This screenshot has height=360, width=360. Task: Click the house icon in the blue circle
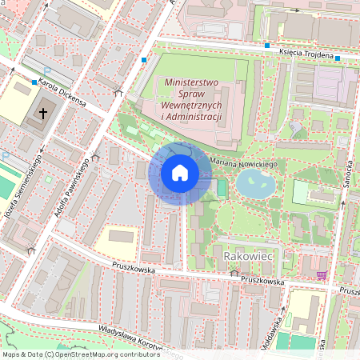pyautogui.click(x=180, y=173)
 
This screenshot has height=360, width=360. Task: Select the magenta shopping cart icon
pyautogui.click(x=322, y=275)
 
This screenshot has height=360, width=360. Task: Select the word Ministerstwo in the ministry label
pyautogui.click(x=192, y=82)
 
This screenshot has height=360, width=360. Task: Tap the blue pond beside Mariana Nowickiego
pyautogui.click(x=255, y=184)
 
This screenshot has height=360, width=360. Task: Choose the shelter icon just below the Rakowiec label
pyautogui.click(x=234, y=273)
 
